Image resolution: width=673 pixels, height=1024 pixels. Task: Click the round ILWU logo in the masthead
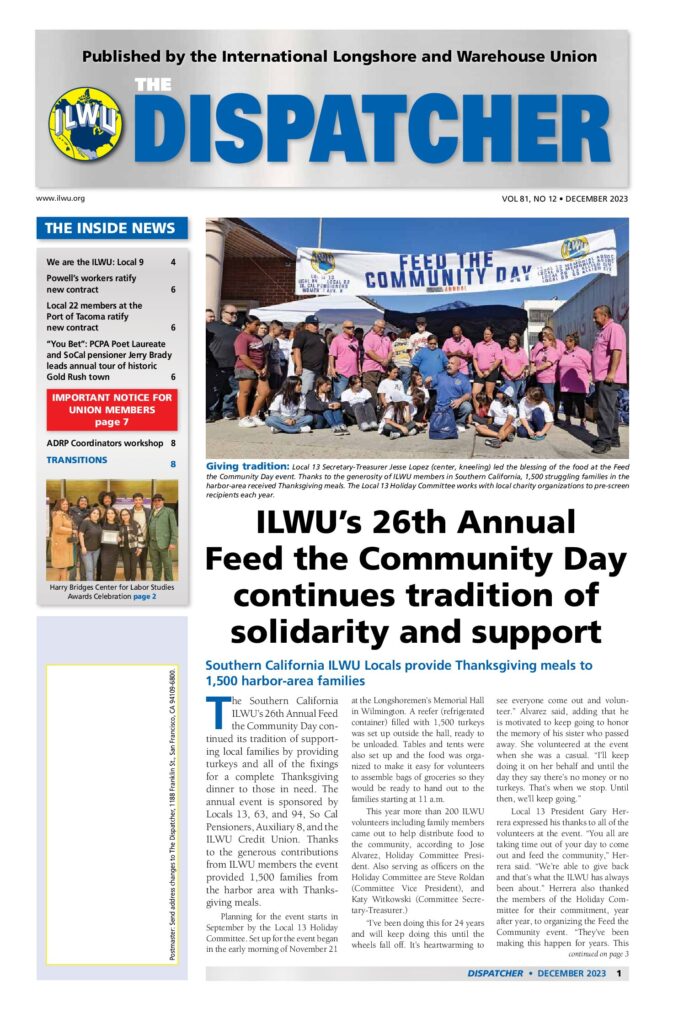(86, 125)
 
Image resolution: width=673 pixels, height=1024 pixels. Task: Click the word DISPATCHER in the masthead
(393, 130)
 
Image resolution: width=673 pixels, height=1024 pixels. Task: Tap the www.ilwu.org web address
(60, 199)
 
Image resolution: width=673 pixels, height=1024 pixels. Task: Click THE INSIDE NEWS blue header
(111, 229)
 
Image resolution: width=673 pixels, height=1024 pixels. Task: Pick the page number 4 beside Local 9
(173, 262)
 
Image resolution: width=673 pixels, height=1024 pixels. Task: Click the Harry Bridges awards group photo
(111, 529)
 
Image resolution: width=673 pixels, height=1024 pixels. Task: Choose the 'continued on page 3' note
(592, 953)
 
